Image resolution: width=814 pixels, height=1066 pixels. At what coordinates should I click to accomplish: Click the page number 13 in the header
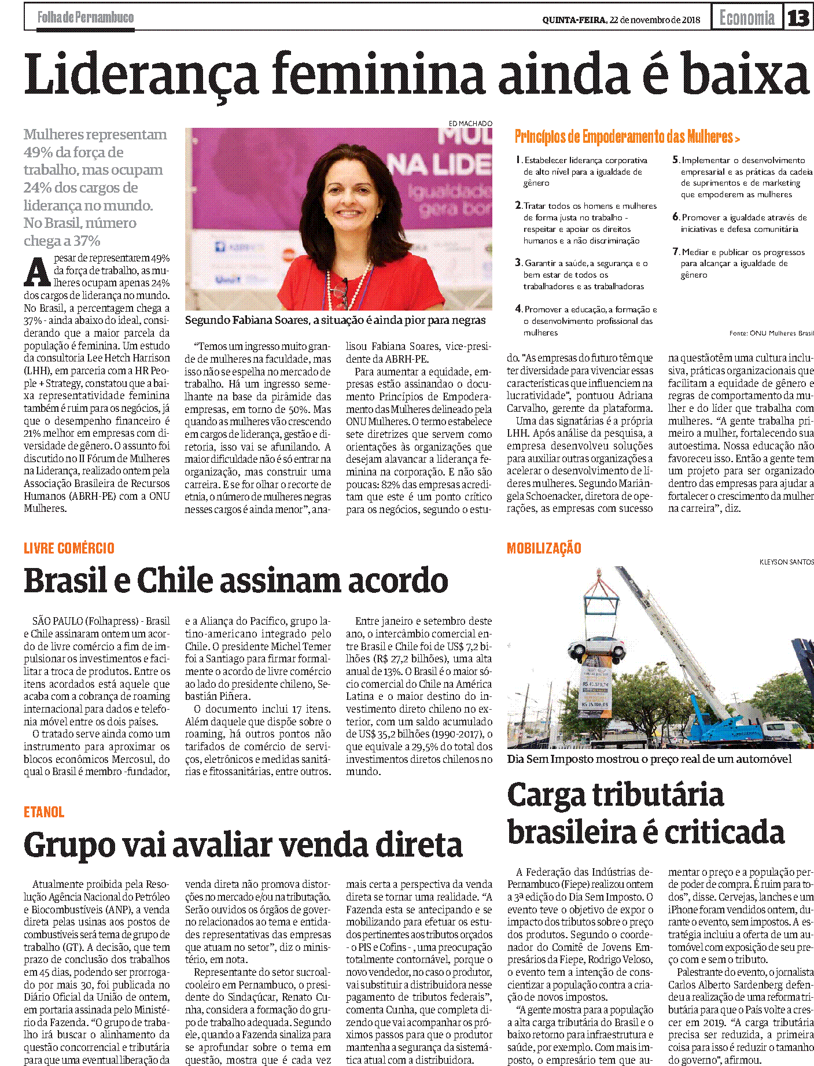pyautogui.click(x=798, y=18)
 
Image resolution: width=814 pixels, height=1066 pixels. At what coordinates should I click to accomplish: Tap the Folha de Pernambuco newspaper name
pyautogui.click(x=86, y=17)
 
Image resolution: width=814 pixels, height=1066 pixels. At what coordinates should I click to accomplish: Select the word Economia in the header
pyautogui.click(x=747, y=18)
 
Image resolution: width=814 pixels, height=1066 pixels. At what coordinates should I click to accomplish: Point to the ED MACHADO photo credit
pyautogui.click(x=470, y=123)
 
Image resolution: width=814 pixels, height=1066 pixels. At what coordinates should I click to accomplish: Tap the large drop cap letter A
pyautogui.click(x=38, y=272)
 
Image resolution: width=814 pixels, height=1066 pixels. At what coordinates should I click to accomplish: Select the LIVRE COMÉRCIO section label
pyautogui.click(x=69, y=548)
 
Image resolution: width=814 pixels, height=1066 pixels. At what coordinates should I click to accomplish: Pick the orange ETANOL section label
pyautogui.click(x=44, y=812)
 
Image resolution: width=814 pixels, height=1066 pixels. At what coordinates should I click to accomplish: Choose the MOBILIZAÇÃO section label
pyautogui.click(x=544, y=548)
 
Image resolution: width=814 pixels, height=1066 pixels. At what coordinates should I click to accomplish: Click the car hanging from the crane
pyautogui.click(x=596, y=648)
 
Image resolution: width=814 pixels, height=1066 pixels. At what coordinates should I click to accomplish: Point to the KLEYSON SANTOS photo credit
pyautogui.click(x=786, y=562)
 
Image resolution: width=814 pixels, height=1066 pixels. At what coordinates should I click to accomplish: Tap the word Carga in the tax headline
pyautogui.click(x=546, y=795)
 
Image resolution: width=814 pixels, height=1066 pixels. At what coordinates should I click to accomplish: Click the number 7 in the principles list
pyautogui.click(x=675, y=252)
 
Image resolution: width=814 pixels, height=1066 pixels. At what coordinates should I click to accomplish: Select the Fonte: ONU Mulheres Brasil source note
pyautogui.click(x=771, y=333)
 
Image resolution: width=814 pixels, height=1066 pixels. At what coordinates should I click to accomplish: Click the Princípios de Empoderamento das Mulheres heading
pyautogui.click(x=627, y=137)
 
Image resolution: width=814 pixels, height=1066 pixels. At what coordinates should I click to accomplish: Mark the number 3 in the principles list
pyautogui.click(x=518, y=263)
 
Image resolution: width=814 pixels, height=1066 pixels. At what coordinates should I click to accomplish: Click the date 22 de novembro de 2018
pyautogui.click(x=654, y=20)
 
